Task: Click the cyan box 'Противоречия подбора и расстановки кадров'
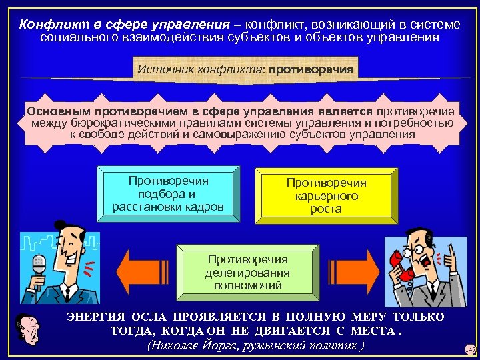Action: click(x=168, y=193)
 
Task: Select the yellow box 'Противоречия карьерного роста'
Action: click(x=326, y=195)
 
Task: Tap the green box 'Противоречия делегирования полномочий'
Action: click(x=247, y=272)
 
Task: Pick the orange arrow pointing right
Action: click(x=358, y=272)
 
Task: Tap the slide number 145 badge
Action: click(x=471, y=349)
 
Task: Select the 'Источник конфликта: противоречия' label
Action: click(x=245, y=68)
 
